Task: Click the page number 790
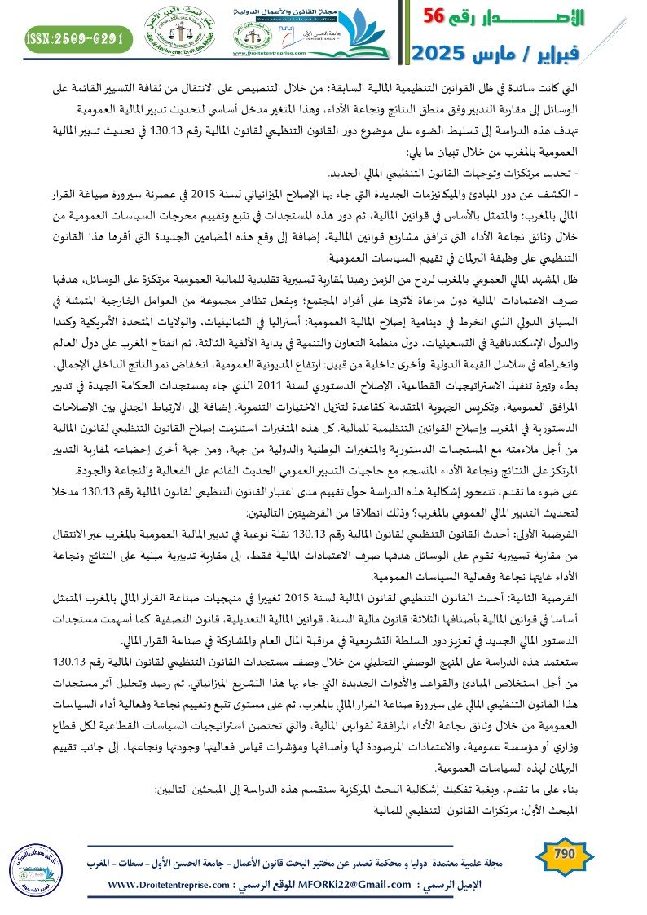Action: click(564, 855)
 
